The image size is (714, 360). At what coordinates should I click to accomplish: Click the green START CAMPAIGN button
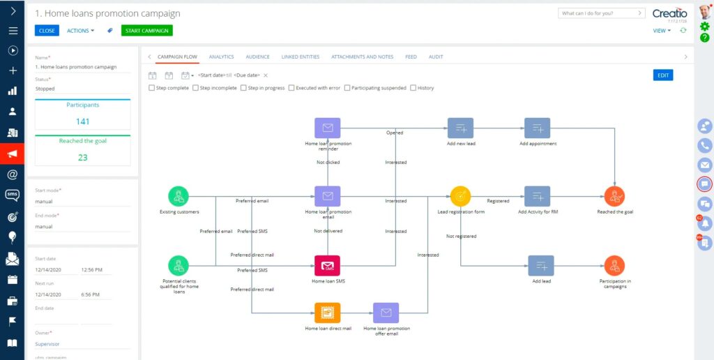pos(146,31)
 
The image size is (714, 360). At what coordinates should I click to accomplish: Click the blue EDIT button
pos(662,75)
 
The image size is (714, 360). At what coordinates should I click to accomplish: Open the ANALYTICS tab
pos(221,57)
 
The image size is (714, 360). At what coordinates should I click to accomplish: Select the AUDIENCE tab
pos(258,57)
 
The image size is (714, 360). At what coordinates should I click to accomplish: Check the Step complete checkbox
pos(151,88)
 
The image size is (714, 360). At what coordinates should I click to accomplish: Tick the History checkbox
pos(413,88)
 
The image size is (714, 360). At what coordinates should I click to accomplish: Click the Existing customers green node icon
pos(178,197)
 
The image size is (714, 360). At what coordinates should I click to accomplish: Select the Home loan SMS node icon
pos(328,266)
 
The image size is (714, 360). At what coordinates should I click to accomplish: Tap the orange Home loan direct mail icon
pos(328,313)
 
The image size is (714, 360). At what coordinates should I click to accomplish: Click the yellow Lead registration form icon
pos(460,197)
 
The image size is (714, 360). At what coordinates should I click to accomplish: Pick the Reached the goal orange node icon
pos(614,197)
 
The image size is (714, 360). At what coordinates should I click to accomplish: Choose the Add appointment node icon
pos(538,128)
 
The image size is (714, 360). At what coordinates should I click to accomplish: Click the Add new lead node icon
pos(460,128)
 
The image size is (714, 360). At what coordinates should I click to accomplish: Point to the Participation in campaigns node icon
pos(614,266)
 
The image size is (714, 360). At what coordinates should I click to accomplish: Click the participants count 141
pos(83,121)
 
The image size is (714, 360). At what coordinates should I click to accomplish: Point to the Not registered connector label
pos(462,236)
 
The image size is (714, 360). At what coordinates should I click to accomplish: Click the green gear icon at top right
pos(704,27)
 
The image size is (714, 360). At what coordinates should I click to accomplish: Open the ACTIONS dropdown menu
pos(81,31)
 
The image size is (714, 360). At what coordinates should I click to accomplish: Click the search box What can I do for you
pos(602,13)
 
